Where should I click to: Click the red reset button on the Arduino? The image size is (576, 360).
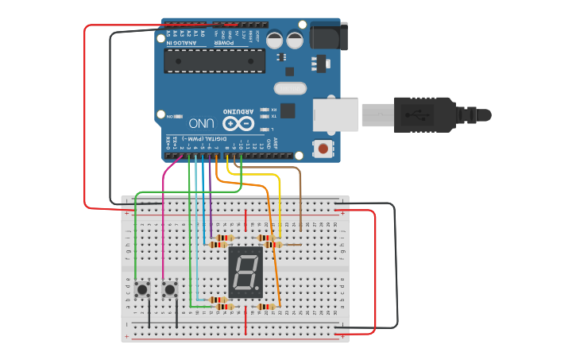[323, 148]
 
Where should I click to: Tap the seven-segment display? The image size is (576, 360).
[245, 272]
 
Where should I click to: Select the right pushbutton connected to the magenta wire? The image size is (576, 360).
[169, 289]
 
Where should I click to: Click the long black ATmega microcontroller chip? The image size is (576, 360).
[215, 60]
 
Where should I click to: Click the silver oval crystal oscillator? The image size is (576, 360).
[289, 89]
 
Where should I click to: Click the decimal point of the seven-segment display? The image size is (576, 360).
[258, 289]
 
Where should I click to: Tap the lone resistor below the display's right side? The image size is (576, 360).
[267, 306]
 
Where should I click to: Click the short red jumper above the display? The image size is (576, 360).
[245, 220]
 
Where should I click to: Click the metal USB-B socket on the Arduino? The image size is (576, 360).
[334, 114]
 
